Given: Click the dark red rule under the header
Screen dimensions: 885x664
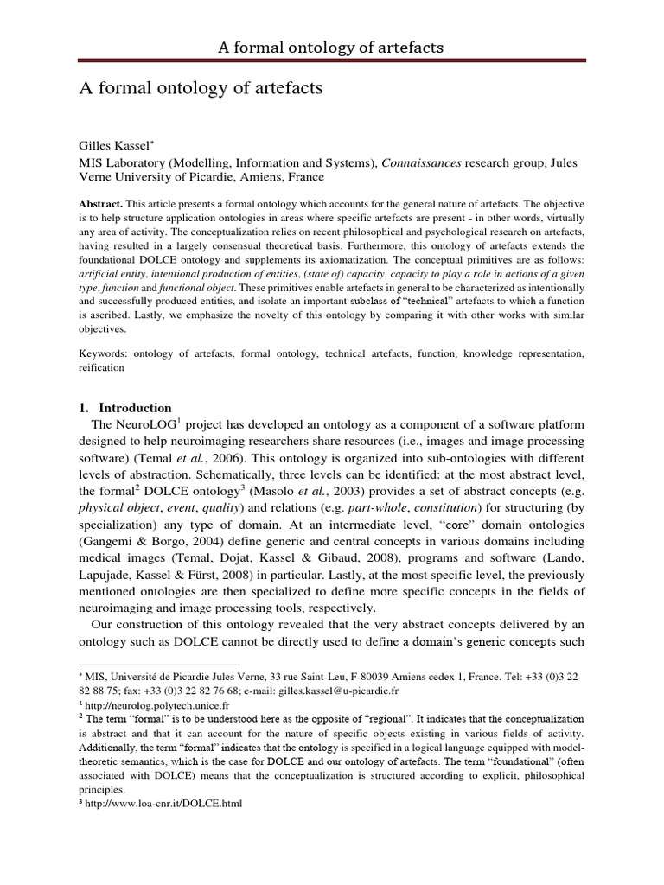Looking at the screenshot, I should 331,61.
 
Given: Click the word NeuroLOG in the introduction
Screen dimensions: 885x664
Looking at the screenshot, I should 143,425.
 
